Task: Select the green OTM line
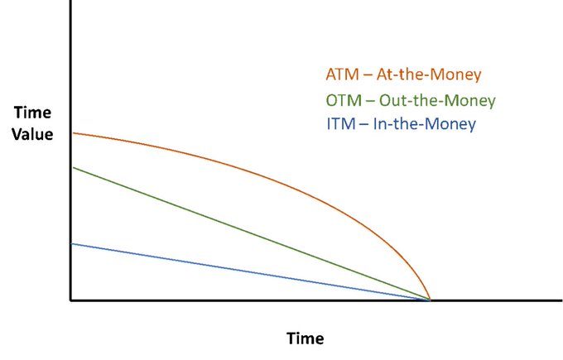pyautogui.click(x=251, y=234)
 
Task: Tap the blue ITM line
pyautogui.click(x=251, y=272)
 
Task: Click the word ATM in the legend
pyautogui.click(x=342, y=74)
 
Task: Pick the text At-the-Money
pyautogui.click(x=429, y=74)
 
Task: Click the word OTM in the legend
pyautogui.click(x=344, y=100)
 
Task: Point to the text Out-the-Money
pyautogui.click(x=437, y=100)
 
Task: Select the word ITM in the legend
pyautogui.click(x=341, y=124)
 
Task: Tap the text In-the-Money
pyautogui.click(x=425, y=124)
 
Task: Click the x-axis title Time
pyautogui.click(x=305, y=338)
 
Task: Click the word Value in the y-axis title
pyautogui.click(x=32, y=134)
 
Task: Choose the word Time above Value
pyautogui.click(x=32, y=113)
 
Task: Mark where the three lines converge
pyautogui.click(x=431, y=300)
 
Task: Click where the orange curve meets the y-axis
pyautogui.click(x=73, y=133)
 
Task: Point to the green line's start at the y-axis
pyautogui.click(x=73, y=168)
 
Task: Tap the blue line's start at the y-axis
pyautogui.click(x=73, y=244)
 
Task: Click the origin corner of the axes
pyautogui.click(x=70, y=300)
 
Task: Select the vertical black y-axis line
pyautogui.click(x=70, y=150)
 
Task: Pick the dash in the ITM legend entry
pyautogui.click(x=364, y=125)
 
